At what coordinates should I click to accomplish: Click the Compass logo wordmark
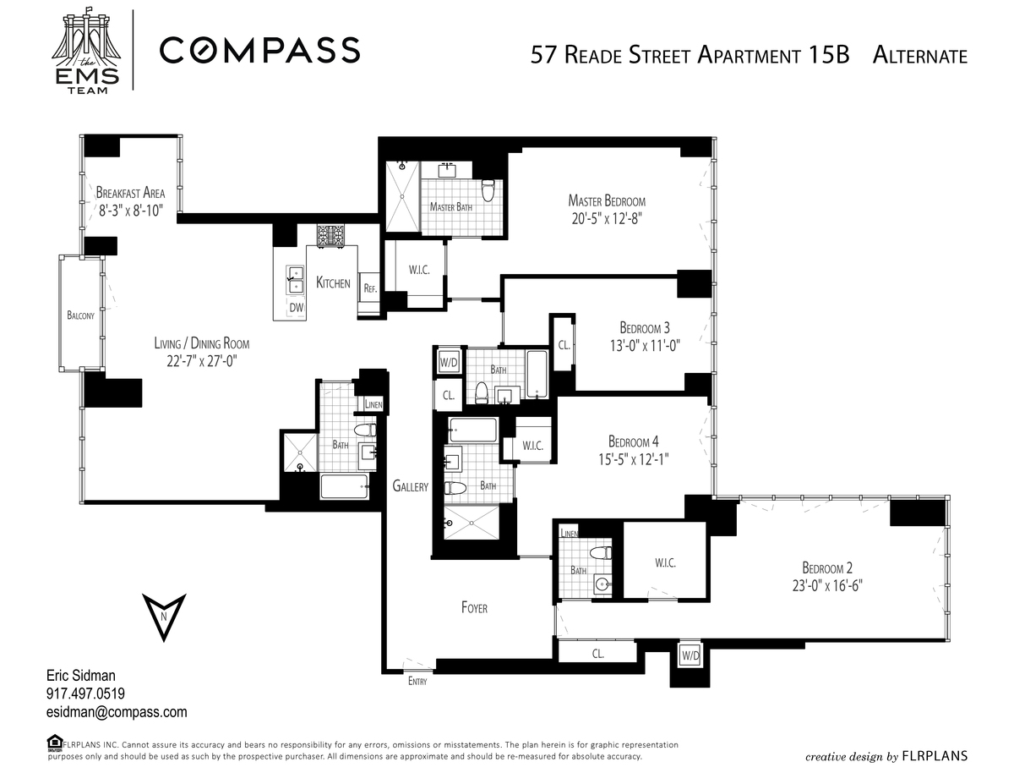(260, 50)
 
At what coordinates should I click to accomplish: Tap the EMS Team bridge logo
(87, 51)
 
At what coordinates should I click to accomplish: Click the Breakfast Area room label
(131, 192)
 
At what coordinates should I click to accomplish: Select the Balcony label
(80, 315)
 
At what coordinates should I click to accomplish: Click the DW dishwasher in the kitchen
(297, 307)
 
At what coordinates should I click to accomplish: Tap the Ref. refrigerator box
(370, 288)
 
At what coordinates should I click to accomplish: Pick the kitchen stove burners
(331, 235)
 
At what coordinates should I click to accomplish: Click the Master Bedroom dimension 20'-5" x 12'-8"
(607, 218)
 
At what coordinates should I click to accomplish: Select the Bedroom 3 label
(645, 328)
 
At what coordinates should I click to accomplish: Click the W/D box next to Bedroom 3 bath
(449, 362)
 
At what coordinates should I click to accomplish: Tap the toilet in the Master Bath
(488, 190)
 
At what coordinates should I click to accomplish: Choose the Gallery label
(410, 486)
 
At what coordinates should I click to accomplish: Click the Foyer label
(474, 607)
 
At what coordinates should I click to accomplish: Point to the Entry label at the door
(417, 682)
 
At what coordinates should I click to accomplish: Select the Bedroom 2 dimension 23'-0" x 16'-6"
(827, 585)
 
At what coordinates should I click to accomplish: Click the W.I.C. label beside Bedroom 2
(665, 563)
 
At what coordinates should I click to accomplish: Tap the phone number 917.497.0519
(85, 694)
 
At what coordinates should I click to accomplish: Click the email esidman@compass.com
(117, 712)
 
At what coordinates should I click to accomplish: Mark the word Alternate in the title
(919, 56)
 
